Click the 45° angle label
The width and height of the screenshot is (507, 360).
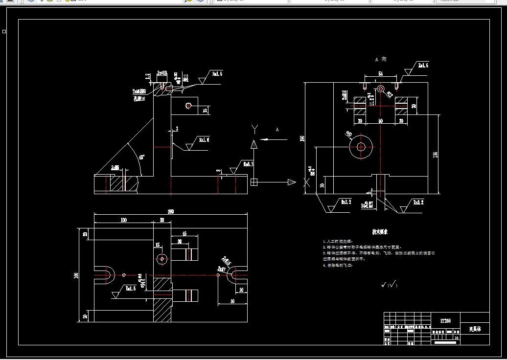(x=142, y=157)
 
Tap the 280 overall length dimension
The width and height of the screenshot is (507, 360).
(x=171, y=212)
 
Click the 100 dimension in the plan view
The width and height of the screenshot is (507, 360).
(x=124, y=220)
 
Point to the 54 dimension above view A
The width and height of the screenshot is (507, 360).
(x=380, y=73)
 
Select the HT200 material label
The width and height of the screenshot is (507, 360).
(x=445, y=321)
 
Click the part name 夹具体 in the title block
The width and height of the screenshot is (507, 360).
(x=475, y=329)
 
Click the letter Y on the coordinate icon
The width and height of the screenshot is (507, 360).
(x=254, y=128)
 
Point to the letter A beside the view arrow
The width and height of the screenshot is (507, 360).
(x=277, y=130)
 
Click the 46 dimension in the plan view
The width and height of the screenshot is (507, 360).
(x=184, y=234)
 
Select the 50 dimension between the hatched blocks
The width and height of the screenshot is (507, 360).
(x=380, y=120)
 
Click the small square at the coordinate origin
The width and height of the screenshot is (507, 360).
(x=254, y=182)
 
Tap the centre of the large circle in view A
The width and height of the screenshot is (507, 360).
(x=361, y=146)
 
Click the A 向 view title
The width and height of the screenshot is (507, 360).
(x=380, y=59)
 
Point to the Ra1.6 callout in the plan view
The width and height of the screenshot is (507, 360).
(x=130, y=289)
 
